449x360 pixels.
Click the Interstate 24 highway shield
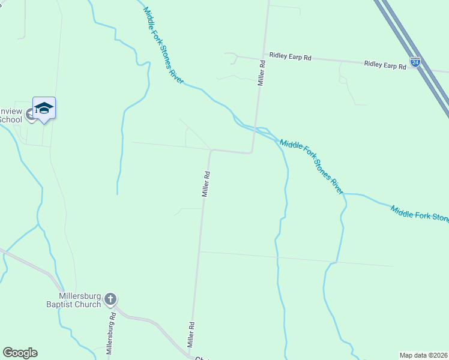(415, 62)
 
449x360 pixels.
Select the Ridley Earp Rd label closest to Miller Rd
(291, 57)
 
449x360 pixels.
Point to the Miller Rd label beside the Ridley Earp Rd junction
(261, 72)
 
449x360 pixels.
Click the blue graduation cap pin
(44, 109)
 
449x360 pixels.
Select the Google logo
(20, 353)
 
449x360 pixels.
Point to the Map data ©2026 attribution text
(424, 355)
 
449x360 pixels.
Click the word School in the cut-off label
(10, 119)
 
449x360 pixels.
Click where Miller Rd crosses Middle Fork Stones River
(255, 128)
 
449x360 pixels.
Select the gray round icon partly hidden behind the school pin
(31, 113)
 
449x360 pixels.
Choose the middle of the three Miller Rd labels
(205, 185)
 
